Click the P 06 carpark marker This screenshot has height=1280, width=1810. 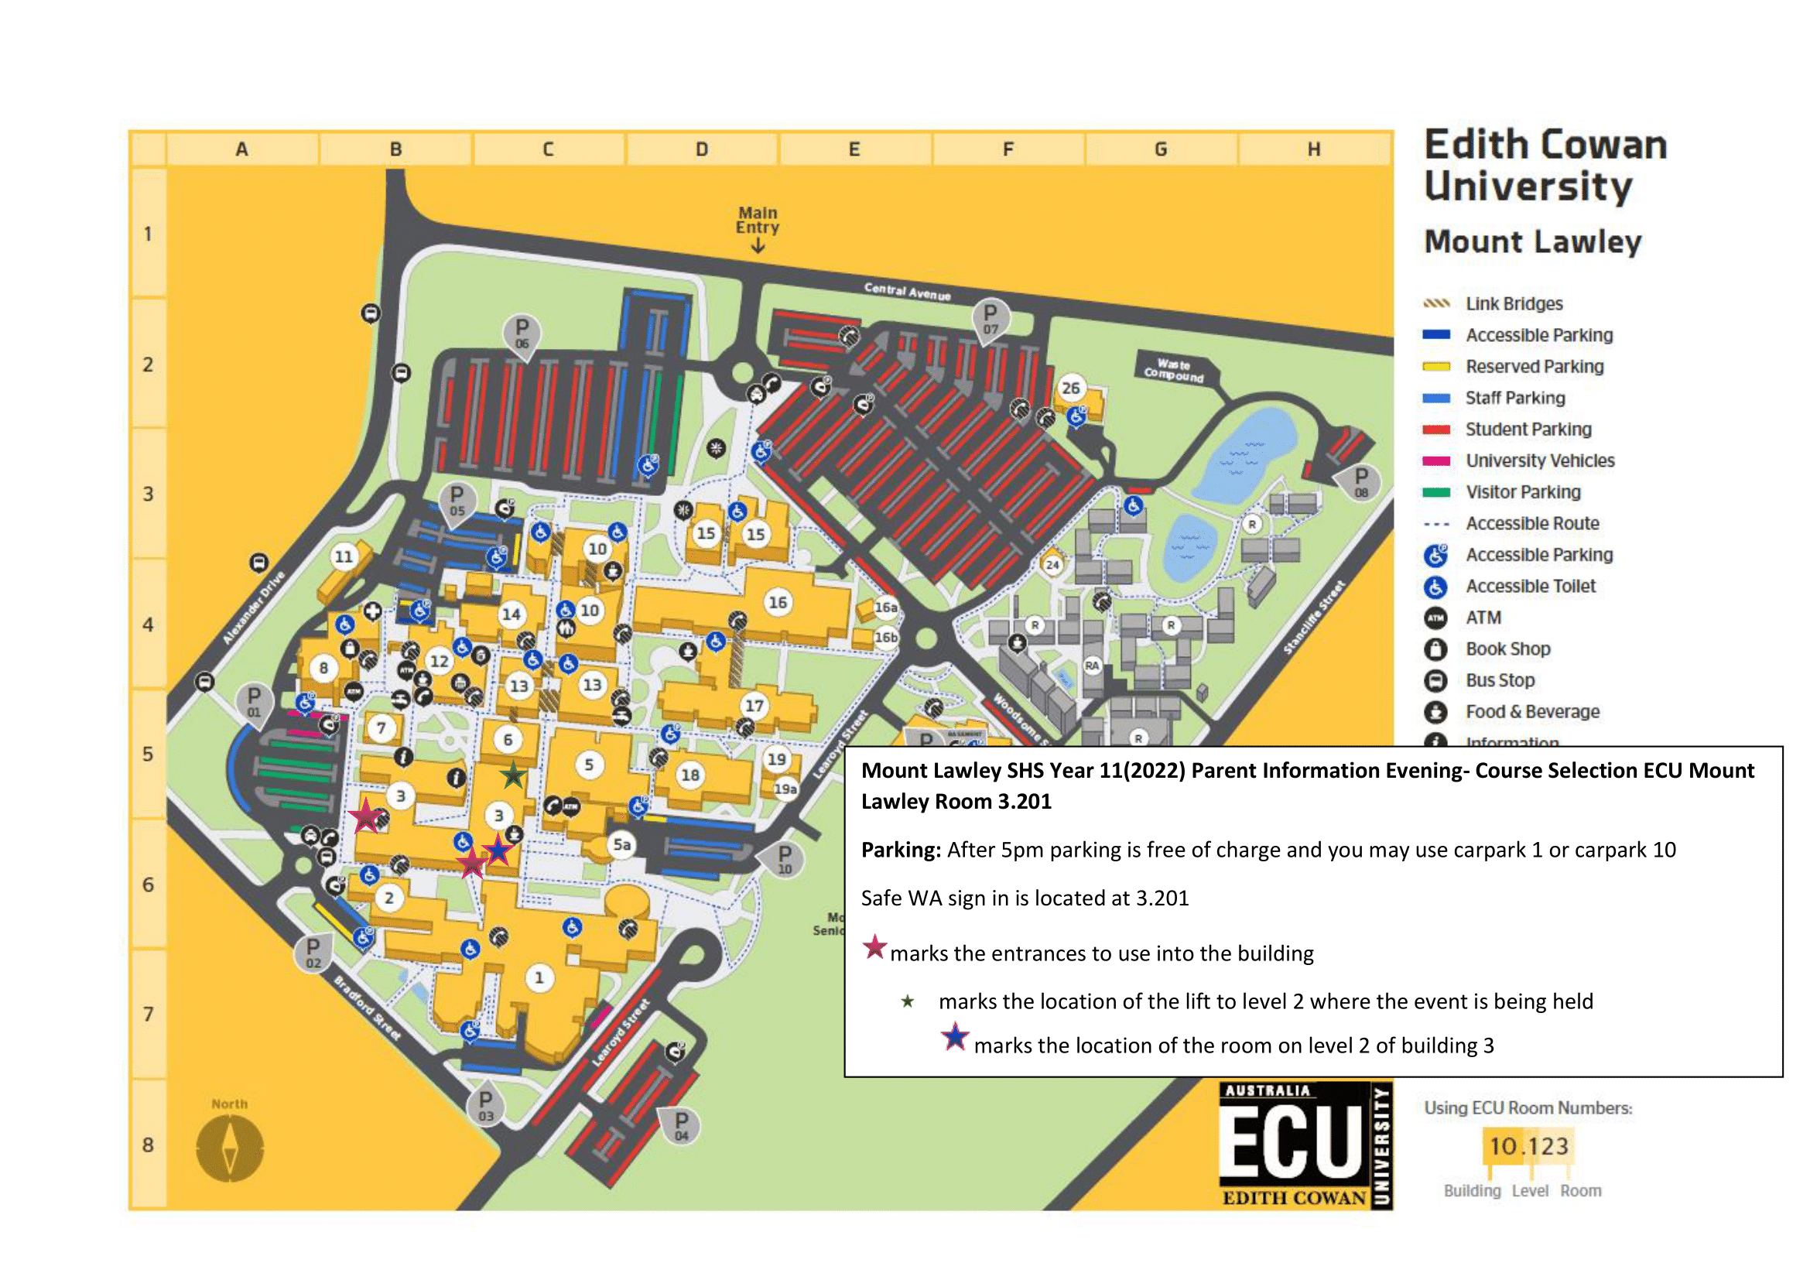coord(522,334)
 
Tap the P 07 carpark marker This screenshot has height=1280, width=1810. coord(991,318)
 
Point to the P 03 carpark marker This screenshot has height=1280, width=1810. coord(486,1105)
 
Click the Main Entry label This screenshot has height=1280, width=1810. coord(757,221)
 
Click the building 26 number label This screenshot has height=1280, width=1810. coord(1069,388)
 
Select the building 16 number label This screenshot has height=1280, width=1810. coord(777,602)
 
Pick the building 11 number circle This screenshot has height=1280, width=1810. coord(344,557)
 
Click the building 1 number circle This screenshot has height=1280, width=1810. coord(539,978)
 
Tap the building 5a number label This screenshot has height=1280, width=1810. coord(622,845)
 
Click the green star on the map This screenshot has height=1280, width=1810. coord(513,775)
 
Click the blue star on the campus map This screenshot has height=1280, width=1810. coord(498,850)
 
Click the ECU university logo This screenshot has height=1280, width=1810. coord(1305,1145)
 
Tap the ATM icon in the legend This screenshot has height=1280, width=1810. coord(1435,618)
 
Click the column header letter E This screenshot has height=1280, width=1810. coord(854,149)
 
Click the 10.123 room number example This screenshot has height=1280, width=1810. coord(1528,1146)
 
